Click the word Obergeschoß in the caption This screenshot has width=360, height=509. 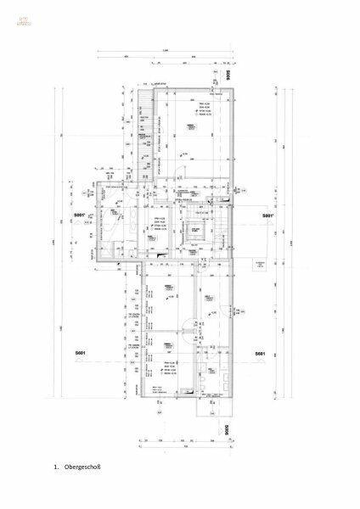(82, 467)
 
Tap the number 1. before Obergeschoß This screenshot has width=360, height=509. (55, 467)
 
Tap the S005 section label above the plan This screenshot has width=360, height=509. (228, 74)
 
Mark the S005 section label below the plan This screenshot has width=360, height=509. (227, 430)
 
